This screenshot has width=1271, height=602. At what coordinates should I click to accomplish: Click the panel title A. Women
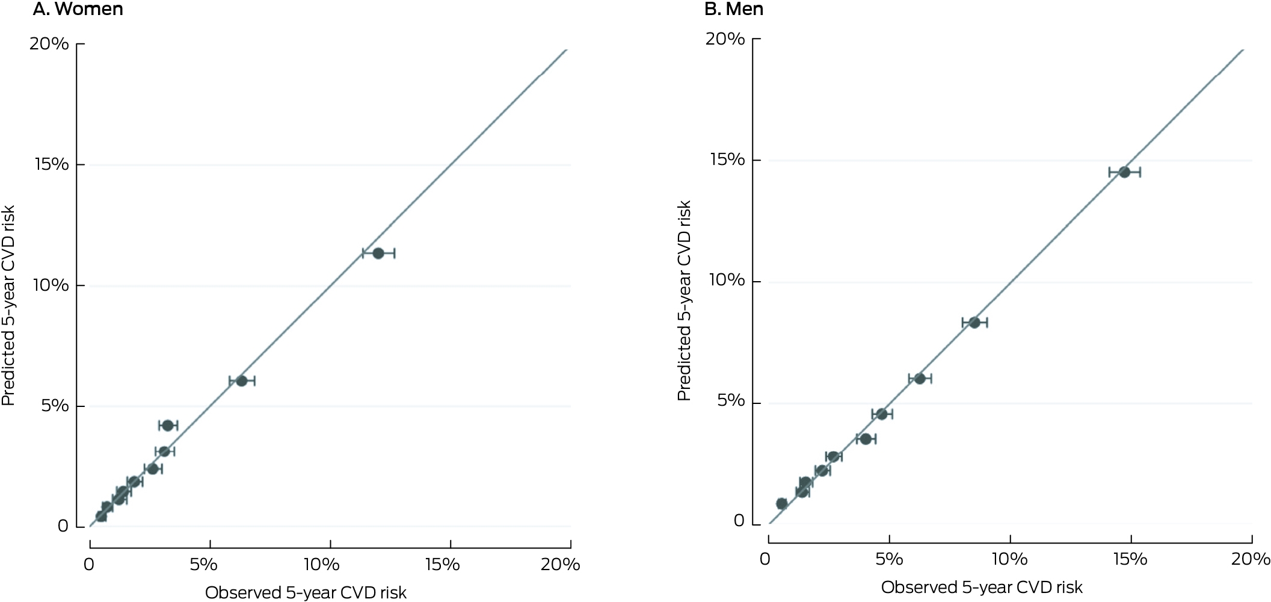click(78, 9)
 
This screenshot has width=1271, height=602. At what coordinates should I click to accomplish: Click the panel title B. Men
click(734, 9)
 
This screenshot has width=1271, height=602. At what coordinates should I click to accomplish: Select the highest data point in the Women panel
click(378, 253)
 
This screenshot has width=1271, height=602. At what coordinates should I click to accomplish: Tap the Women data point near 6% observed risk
click(241, 381)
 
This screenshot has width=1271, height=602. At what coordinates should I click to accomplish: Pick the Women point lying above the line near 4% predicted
click(168, 426)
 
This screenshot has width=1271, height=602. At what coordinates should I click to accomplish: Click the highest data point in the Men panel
click(1124, 172)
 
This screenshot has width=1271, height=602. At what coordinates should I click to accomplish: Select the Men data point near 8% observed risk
click(974, 323)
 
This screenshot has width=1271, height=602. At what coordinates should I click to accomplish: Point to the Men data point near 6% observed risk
click(920, 378)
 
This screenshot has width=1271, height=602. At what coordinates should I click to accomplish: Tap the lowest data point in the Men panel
click(781, 503)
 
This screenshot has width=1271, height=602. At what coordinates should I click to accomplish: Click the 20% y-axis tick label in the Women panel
click(49, 44)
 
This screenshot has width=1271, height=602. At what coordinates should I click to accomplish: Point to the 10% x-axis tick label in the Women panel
click(321, 564)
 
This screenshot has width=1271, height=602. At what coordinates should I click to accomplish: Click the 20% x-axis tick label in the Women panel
click(560, 564)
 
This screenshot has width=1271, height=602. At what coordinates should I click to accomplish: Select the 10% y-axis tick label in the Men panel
click(726, 281)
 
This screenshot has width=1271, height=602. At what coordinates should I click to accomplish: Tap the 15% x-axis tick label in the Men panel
click(1130, 559)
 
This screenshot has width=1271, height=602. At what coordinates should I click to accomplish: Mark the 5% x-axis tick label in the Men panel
click(889, 559)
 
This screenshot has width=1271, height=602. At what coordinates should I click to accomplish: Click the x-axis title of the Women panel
click(306, 593)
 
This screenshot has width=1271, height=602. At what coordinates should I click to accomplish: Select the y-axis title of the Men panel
click(684, 300)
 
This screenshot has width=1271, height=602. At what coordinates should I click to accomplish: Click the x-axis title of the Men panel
click(982, 588)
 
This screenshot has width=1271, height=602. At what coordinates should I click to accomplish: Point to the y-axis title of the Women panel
click(8, 306)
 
